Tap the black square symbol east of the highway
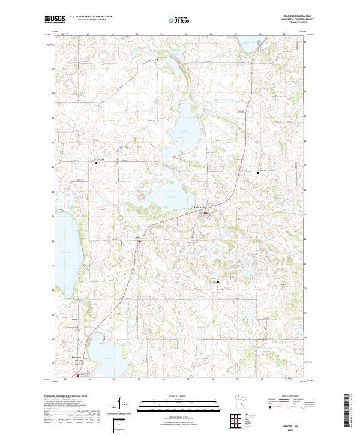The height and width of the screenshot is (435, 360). pyautogui.click(x=258, y=173)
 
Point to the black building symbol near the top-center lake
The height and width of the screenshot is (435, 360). pyautogui.click(x=159, y=59)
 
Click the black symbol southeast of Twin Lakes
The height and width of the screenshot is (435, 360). pyautogui.click(x=218, y=282)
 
